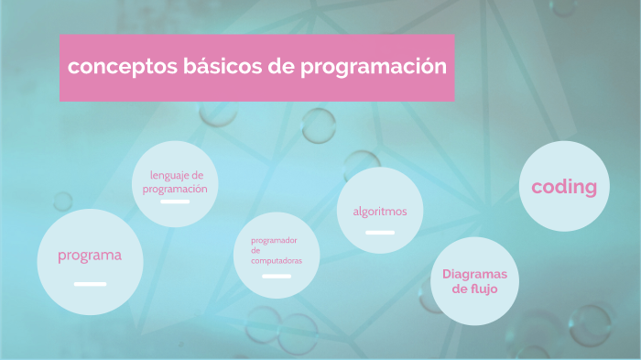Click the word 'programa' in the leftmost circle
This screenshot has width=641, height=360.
(89, 255)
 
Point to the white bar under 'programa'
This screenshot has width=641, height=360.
(90, 284)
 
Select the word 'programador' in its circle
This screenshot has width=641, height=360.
(274, 240)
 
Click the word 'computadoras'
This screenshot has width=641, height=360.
(277, 260)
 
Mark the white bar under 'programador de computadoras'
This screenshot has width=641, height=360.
(277, 276)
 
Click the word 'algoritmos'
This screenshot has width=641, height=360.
(380, 212)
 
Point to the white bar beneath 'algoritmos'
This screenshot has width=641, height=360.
(380, 233)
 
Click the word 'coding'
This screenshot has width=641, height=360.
(564, 187)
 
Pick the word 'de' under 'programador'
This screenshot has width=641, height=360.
(255, 250)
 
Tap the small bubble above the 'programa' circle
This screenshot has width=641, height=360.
(63, 201)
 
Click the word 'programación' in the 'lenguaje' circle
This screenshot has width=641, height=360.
(175, 189)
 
